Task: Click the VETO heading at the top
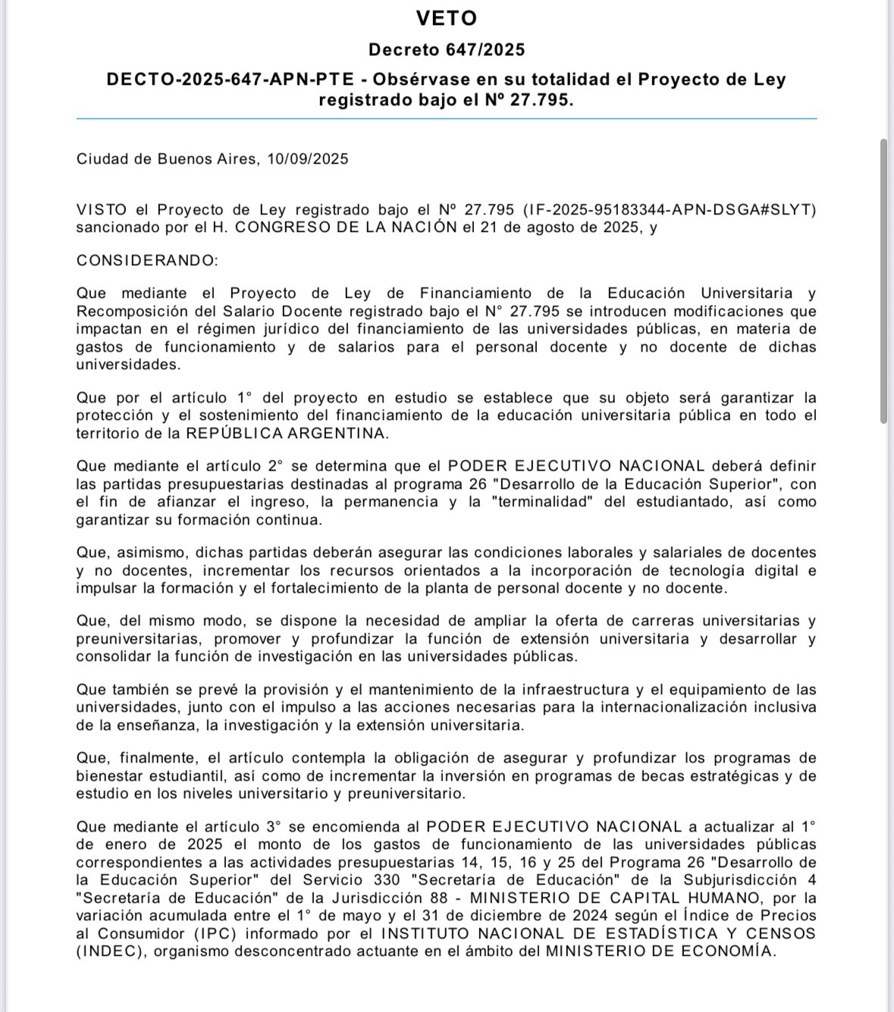pos(447,17)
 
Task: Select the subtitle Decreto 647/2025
pos(447,50)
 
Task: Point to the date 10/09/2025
pos(308,159)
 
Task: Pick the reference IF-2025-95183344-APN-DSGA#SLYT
pos(670,210)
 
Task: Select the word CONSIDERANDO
pos(146,261)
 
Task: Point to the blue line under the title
pos(447,118)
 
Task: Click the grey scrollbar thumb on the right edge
pos(883,280)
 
